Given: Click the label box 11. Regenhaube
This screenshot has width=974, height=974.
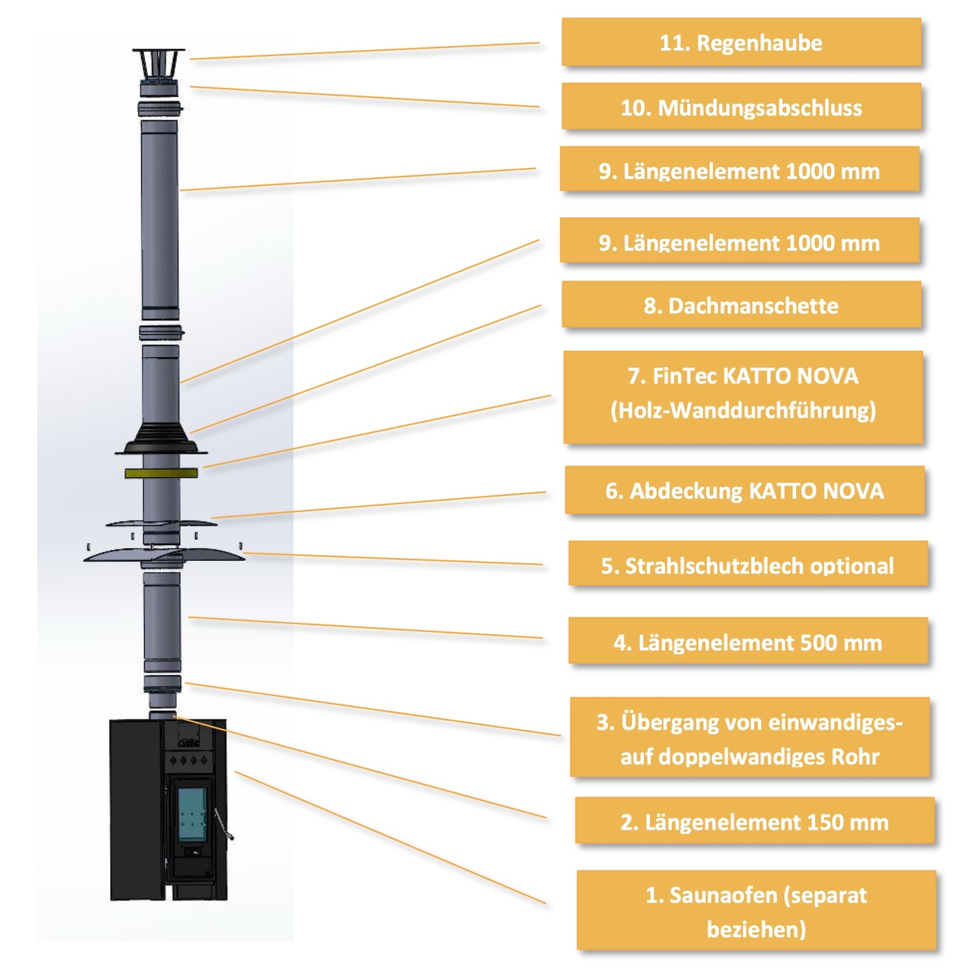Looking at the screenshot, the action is (x=741, y=42).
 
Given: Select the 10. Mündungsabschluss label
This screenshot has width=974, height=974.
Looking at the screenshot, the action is (x=741, y=107).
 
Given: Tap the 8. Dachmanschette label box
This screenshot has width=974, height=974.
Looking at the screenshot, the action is (x=741, y=304).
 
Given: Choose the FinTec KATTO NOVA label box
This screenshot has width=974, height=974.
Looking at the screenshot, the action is (x=743, y=397).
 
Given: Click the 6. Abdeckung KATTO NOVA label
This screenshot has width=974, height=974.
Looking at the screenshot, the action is (x=745, y=490).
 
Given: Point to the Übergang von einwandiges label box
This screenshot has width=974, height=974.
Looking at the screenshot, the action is (x=750, y=737).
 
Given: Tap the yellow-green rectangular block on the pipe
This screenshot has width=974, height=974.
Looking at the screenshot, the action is (x=161, y=472).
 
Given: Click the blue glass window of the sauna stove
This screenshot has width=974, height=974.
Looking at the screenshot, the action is (x=192, y=815).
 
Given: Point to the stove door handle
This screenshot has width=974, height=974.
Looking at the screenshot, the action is (x=222, y=824).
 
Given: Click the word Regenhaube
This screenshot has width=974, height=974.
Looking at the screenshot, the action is (x=759, y=43).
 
